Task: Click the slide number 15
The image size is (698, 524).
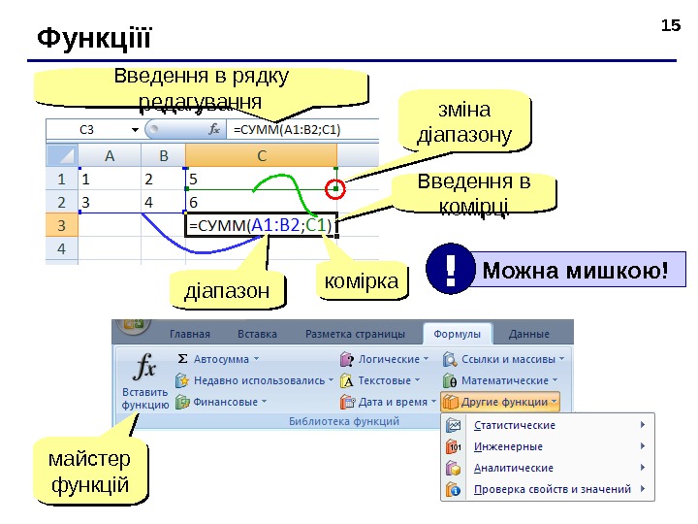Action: (x=670, y=23)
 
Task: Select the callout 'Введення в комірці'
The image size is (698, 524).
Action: (x=474, y=192)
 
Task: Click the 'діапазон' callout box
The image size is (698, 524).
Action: (x=229, y=290)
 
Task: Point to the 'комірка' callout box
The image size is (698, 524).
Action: (x=361, y=282)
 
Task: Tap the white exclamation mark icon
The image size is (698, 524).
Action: (x=452, y=269)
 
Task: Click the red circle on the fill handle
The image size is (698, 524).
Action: (x=336, y=188)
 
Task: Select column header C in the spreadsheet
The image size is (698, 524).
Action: (x=262, y=155)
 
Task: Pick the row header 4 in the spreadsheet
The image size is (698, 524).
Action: (x=61, y=249)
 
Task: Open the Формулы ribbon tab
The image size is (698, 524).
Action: (x=457, y=334)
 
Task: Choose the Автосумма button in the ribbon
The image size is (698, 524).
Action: (x=213, y=358)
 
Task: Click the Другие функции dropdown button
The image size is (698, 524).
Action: (x=500, y=401)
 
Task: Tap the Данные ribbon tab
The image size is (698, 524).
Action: (x=528, y=334)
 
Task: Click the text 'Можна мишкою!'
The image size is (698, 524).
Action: (x=576, y=269)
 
